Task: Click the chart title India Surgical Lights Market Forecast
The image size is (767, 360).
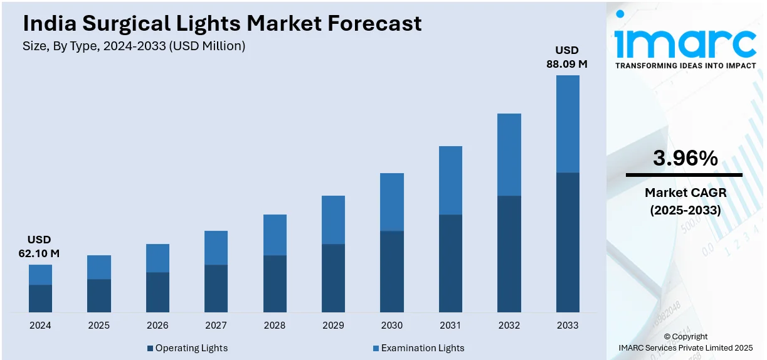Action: click(x=222, y=24)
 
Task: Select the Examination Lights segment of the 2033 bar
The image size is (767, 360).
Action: click(x=568, y=124)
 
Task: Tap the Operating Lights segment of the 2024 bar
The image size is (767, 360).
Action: click(x=40, y=299)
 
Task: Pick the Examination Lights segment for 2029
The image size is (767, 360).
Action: click(x=333, y=220)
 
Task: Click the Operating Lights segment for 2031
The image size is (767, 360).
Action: click(x=450, y=263)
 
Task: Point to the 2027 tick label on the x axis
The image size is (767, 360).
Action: click(x=216, y=325)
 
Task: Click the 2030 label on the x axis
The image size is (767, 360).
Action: click(x=391, y=325)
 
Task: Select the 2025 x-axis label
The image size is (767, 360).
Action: click(x=98, y=325)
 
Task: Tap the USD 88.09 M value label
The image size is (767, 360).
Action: click(x=568, y=56)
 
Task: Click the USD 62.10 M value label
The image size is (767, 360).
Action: click(x=39, y=246)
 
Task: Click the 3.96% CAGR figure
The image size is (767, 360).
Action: click(x=685, y=159)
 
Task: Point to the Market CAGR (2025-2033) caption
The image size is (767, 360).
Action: click(x=685, y=202)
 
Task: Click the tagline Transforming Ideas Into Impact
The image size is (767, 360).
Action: click(x=685, y=65)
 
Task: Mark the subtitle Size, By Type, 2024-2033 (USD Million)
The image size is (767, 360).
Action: click(x=134, y=46)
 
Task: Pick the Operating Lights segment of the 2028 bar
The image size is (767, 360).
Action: click(x=275, y=283)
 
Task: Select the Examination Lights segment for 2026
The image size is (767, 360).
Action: click(x=157, y=258)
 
